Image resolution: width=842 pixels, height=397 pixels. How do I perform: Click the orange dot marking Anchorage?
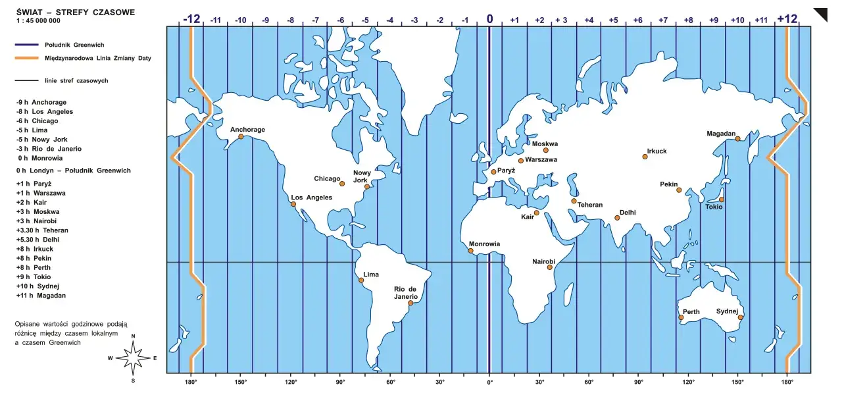coord(241,137)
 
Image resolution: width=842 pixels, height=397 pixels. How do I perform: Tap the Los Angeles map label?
coord(312,198)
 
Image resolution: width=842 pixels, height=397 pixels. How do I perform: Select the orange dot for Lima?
coord(361,280)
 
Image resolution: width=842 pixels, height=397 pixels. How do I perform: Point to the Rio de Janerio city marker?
coord(410,304)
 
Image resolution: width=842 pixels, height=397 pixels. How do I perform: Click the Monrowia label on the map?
coord(484,244)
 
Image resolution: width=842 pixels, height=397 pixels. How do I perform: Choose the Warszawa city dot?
coord(521,161)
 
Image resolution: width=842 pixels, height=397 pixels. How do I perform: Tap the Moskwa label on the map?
coord(545,144)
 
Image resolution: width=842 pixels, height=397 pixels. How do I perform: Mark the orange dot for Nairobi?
coord(550,267)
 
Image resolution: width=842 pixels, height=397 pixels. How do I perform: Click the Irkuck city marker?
coord(645,157)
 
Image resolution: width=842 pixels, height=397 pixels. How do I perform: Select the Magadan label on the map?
coord(721,134)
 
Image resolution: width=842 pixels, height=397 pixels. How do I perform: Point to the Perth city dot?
coord(681,318)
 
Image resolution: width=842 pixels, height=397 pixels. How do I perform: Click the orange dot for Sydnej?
coord(741,318)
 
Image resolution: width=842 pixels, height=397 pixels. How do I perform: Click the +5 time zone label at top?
coord(613,20)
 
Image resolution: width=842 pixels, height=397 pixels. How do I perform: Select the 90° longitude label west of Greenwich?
coord(340,382)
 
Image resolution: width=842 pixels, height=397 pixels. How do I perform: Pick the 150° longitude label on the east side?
coord(737,382)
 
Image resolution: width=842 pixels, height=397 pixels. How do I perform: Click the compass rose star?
coord(134,358)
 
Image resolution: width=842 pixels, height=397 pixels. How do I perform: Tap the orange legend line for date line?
coord(26,58)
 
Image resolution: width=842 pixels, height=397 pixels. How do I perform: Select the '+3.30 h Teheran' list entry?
coord(42,230)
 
